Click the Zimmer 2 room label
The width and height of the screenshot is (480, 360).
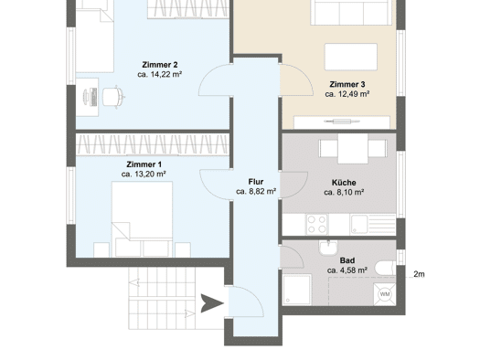159,65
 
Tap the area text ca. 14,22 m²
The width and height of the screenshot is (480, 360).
159,74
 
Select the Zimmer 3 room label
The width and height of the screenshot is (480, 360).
347,84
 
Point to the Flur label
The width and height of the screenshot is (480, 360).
256,182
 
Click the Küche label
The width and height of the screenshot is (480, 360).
344,183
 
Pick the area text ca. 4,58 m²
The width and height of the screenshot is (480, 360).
347,270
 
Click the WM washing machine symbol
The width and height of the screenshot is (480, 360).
385,294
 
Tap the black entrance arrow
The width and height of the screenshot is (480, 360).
212,303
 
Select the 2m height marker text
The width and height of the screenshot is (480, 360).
419,274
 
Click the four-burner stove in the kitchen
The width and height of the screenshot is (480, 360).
317,224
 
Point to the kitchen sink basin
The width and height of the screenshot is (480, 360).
359,224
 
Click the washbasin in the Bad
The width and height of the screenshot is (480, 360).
328,247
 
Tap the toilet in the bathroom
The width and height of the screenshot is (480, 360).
386,268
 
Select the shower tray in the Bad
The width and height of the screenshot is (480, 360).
297,290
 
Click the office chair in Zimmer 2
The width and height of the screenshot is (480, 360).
113,97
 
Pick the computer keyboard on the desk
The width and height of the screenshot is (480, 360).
93,97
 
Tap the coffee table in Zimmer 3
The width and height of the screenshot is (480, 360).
351,58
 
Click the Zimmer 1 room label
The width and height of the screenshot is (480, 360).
144,164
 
